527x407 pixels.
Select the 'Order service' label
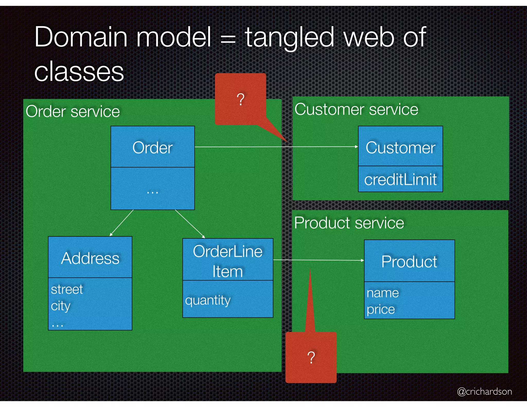point(73,112)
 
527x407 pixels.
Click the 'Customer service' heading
point(356,110)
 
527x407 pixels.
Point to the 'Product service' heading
point(349,223)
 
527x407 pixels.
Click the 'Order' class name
point(152,148)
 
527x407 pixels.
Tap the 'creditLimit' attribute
point(400,179)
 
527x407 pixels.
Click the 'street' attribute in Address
point(67,289)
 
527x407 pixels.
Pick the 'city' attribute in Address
point(60,306)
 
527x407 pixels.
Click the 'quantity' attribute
point(208,300)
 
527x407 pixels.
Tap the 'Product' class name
point(409,262)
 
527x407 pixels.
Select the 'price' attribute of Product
point(381,309)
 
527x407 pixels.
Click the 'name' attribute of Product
point(383,293)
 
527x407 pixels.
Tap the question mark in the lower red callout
point(311,357)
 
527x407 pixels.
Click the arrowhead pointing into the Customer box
point(357,147)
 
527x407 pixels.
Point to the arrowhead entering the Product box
point(363,260)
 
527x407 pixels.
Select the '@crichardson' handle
point(484,391)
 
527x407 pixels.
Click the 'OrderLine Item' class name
point(228,261)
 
